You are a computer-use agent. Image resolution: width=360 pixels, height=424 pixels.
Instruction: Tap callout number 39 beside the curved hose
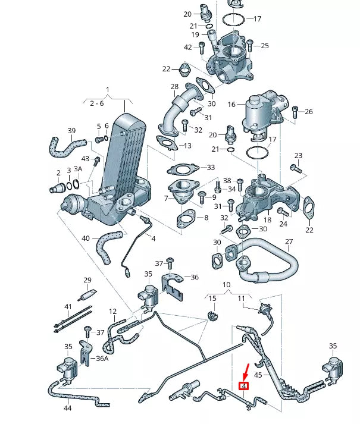click(x=71, y=131)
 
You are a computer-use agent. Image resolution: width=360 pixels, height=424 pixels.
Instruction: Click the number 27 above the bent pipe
click(x=289, y=242)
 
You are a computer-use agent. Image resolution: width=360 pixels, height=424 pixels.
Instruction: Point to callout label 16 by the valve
click(x=231, y=104)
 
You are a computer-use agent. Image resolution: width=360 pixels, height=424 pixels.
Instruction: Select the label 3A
click(x=78, y=170)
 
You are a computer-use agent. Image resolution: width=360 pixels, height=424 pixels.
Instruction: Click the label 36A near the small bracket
click(x=102, y=359)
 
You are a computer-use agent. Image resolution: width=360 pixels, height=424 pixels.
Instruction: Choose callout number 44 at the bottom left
click(x=68, y=408)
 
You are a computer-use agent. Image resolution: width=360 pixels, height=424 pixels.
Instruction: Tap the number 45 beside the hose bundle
click(x=258, y=375)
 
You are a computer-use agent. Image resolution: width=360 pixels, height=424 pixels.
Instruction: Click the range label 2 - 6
click(x=96, y=103)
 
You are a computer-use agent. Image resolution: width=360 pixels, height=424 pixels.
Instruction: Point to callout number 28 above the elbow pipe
click(x=174, y=87)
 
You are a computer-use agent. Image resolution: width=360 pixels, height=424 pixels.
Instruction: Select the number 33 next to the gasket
click(x=211, y=168)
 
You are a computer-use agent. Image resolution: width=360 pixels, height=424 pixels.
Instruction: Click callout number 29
click(x=87, y=280)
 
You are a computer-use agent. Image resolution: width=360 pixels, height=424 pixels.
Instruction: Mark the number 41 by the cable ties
click(x=68, y=307)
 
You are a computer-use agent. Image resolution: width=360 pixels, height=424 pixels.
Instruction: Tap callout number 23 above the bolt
click(x=298, y=156)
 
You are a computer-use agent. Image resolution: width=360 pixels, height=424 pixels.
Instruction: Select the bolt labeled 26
click(x=296, y=111)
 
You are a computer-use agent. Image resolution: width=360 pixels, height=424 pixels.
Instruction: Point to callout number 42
click(x=188, y=47)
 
